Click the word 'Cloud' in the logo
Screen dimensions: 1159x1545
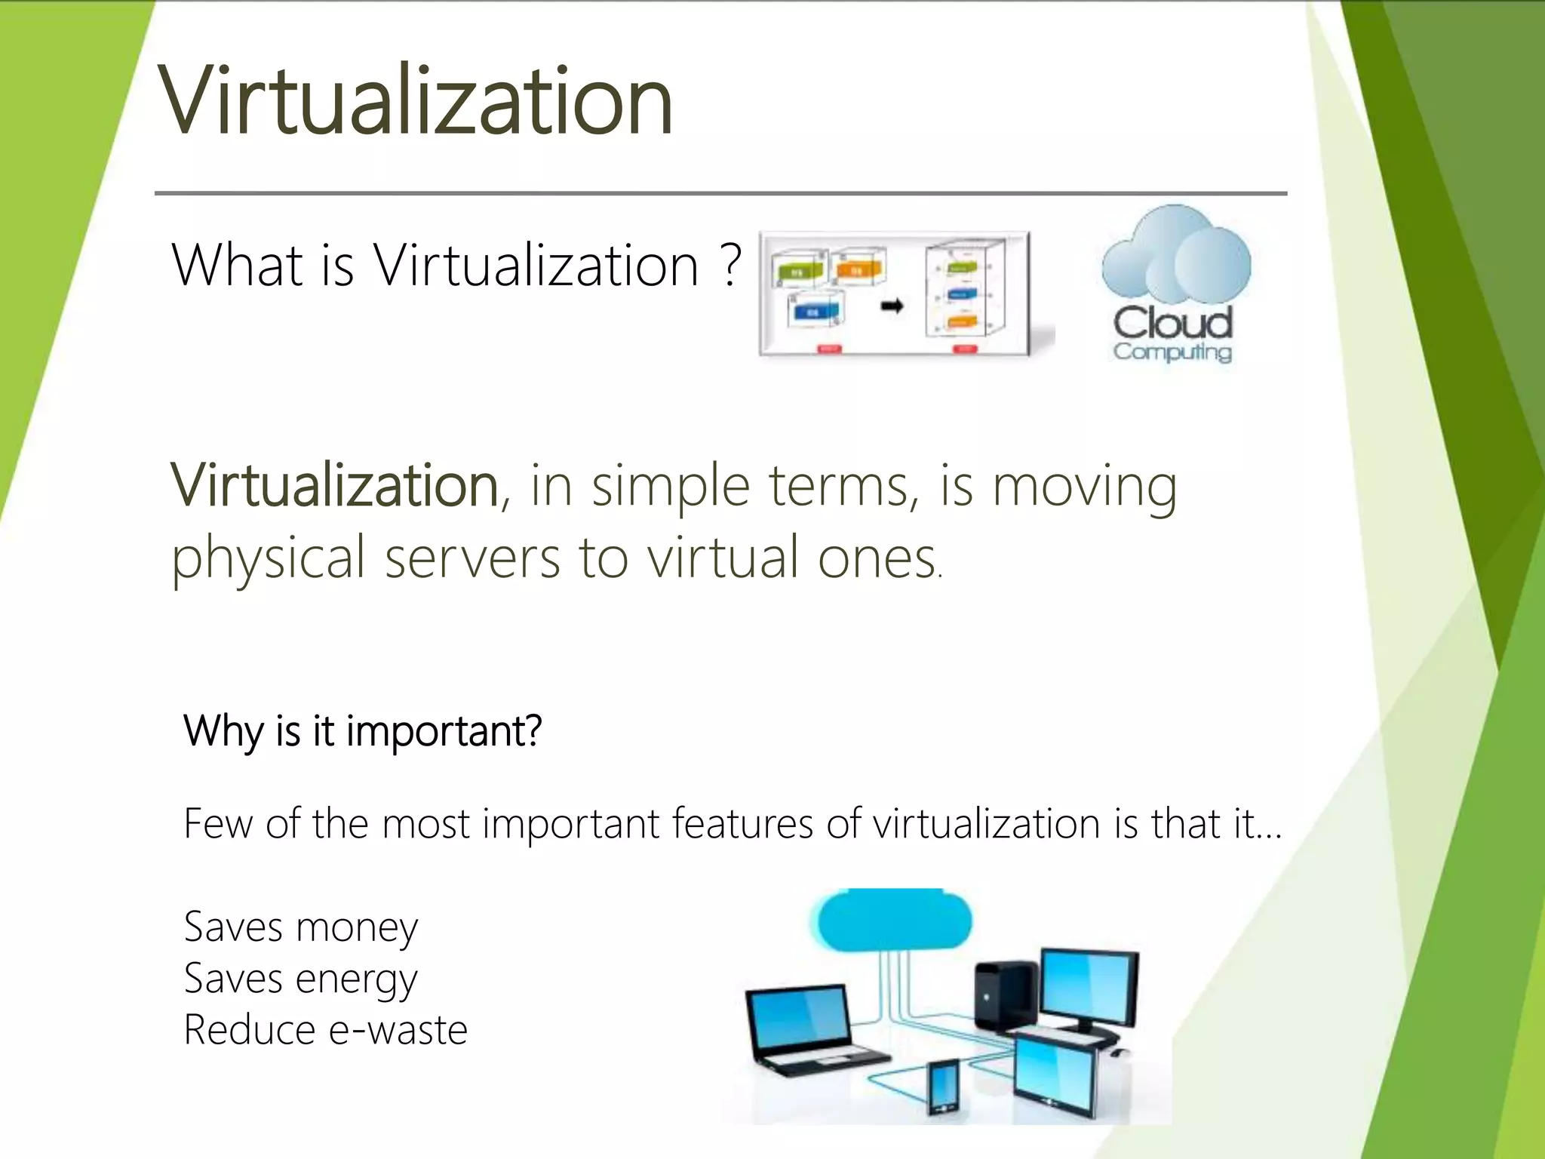1172,322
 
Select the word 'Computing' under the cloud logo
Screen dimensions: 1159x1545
1172,352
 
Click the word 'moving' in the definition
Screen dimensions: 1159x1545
1084,488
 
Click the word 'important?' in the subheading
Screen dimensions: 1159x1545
444,732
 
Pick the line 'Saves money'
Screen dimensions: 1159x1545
300,928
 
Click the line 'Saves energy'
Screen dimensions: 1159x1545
300,979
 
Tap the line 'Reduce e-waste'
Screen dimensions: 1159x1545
325,1031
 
